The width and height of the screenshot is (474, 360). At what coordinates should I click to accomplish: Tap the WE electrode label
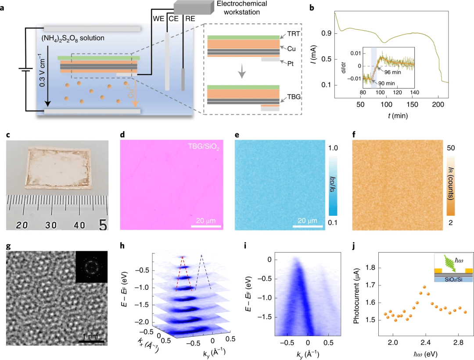click(x=158, y=19)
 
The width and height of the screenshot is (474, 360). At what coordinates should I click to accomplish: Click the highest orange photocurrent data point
click(x=424, y=288)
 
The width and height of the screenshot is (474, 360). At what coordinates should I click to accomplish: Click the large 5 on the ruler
click(x=102, y=225)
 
